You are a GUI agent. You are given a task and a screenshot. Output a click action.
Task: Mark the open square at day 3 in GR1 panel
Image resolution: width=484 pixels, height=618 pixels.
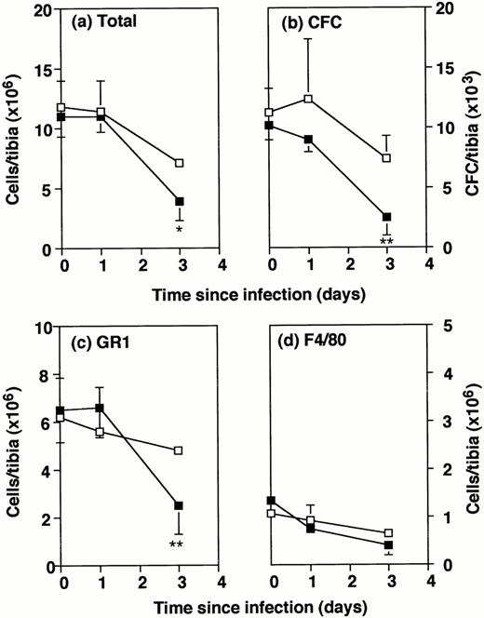point(180,450)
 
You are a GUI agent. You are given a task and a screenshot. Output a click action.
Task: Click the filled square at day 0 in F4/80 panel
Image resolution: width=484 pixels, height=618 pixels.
point(270,501)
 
